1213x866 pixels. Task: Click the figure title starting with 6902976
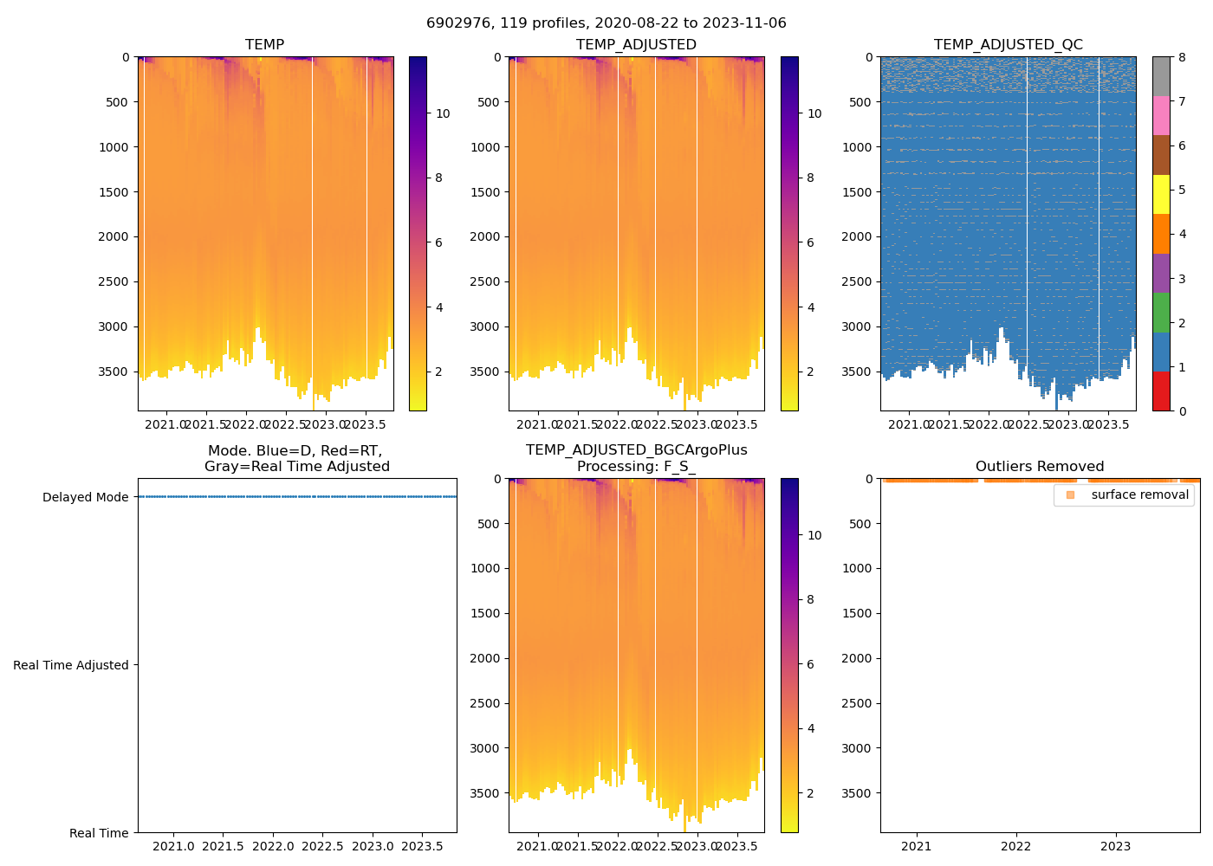(x=606, y=23)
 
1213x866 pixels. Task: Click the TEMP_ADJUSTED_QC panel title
(x=1008, y=45)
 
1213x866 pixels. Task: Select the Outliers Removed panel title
(x=1040, y=467)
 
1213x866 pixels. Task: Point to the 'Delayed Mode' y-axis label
(x=85, y=498)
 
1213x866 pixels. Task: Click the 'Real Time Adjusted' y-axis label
(x=71, y=665)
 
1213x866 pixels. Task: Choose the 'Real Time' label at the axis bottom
(x=99, y=833)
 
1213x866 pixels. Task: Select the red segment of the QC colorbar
(x=1161, y=391)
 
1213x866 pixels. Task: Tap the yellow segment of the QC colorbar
(x=1161, y=195)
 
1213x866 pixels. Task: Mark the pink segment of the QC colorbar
(x=1161, y=116)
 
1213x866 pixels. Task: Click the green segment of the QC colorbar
(x=1161, y=313)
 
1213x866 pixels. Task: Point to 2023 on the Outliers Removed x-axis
(x=1116, y=846)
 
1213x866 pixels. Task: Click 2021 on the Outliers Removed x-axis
(x=917, y=846)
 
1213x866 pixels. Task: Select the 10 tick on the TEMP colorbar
(x=443, y=113)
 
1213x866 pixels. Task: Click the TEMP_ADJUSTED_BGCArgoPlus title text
(x=636, y=450)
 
